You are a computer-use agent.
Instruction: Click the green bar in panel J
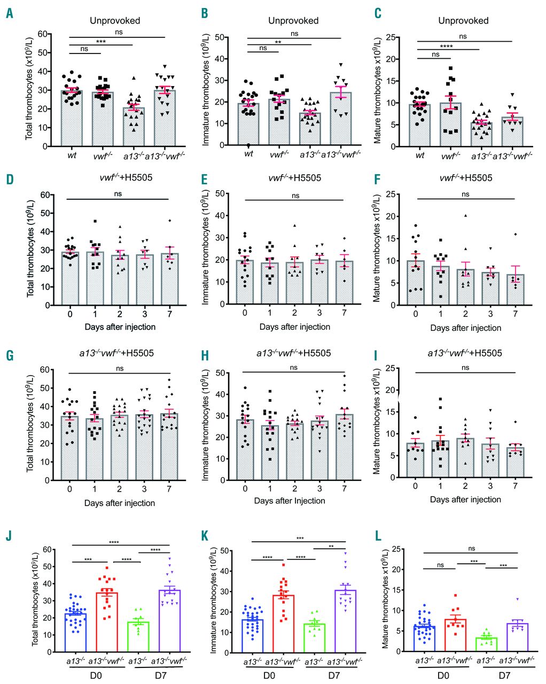pos(138,636)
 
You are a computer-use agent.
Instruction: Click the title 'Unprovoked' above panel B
pos(293,21)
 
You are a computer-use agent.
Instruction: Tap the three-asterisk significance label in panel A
pos(101,42)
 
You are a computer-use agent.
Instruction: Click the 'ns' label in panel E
pos(295,196)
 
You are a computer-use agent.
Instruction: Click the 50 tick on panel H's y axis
pos(220,373)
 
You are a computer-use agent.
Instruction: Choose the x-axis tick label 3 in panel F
pos(490,314)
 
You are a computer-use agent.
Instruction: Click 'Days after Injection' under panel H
pos(290,501)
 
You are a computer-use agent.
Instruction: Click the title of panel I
pos(465,353)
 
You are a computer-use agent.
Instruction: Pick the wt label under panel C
pos(420,156)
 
